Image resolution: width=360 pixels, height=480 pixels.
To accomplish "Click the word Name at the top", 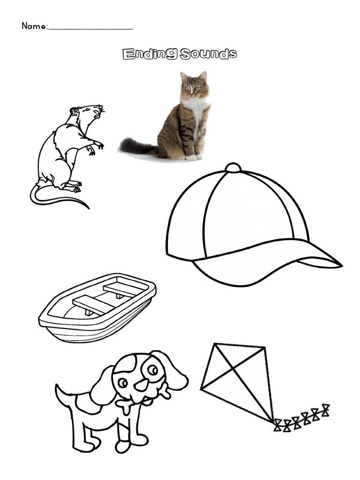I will pyautogui.click(x=33, y=26).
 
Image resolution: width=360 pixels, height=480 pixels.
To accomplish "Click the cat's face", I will pyautogui.click(x=194, y=87).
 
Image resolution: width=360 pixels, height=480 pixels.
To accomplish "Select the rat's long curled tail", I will pyautogui.click(x=56, y=199).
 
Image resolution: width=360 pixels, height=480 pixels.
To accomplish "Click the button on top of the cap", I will pyautogui.click(x=233, y=168).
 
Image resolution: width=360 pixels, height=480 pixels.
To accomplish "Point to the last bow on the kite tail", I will pyautogui.click(x=323, y=410).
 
